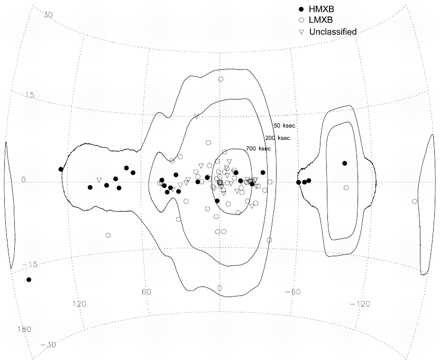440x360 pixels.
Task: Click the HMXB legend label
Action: point(322,9)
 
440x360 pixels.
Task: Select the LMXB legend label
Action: point(320,20)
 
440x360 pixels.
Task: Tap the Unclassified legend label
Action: point(333,32)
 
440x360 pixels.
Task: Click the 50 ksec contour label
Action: point(285,125)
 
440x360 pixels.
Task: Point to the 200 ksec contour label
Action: point(278,138)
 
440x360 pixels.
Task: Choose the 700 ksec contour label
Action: point(259,149)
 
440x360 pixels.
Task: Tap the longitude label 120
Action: point(79,303)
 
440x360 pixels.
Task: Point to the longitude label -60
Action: point(292,292)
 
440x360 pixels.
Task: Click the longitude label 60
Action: point(146,292)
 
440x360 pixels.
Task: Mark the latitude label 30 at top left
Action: point(48,15)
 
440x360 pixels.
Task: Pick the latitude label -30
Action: point(48,345)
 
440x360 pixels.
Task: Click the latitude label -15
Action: point(30,264)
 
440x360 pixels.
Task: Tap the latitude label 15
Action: point(30,95)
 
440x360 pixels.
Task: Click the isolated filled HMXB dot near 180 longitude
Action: point(29,280)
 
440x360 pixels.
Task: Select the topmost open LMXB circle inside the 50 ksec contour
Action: point(221,79)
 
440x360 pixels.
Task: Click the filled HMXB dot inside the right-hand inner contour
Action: point(345,163)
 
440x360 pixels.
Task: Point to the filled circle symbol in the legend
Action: point(301,10)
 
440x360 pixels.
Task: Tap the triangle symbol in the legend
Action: point(301,32)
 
